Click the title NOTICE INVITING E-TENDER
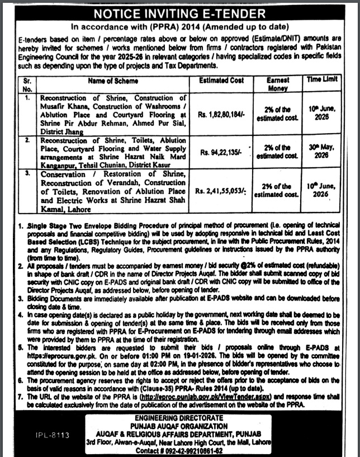pos(181,13)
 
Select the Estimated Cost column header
pos(221,81)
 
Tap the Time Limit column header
pos(322,80)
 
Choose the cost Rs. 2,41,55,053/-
pos(221,190)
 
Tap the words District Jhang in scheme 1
pos(61,131)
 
